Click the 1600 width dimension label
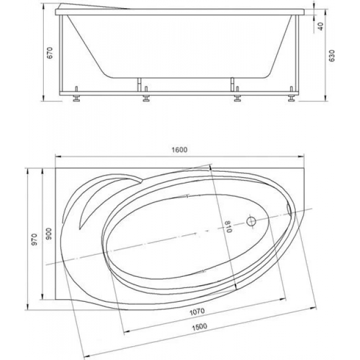pyautogui.click(x=179, y=150)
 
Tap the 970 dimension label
pyautogui.click(x=34, y=239)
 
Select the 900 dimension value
pyautogui.click(x=49, y=234)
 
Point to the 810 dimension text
pyautogui.click(x=228, y=227)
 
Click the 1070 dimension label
pyautogui.click(x=197, y=312)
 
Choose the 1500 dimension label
pyautogui.click(x=199, y=326)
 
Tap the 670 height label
pyautogui.click(x=50, y=53)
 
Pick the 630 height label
pyautogui.click(x=332, y=55)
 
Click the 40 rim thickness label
pyautogui.click(x=321, y=26)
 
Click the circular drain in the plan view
pyautogui.click(x=251, y=222)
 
